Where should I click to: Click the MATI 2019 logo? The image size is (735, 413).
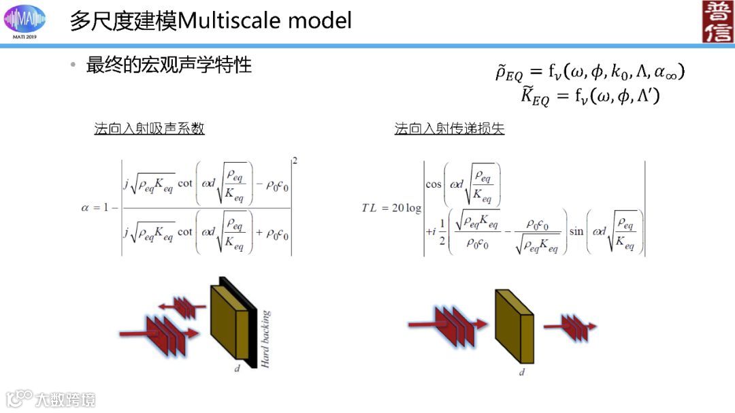[26, 21]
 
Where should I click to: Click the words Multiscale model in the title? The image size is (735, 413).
[265, 20]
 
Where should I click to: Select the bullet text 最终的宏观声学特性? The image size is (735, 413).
[169, 65]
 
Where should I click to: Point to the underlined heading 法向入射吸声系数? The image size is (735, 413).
[149, 129]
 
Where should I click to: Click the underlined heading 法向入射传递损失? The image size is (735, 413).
[449, 129]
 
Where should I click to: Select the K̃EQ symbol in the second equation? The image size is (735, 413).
[535, 97]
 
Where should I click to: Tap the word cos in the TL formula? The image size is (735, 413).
[434, 184]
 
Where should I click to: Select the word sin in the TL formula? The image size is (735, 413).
[576, 231]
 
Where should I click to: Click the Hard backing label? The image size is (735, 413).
[265, 340]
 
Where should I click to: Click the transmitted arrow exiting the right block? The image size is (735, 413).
[570, 327]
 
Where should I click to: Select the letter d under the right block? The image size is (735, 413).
[522, 373]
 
